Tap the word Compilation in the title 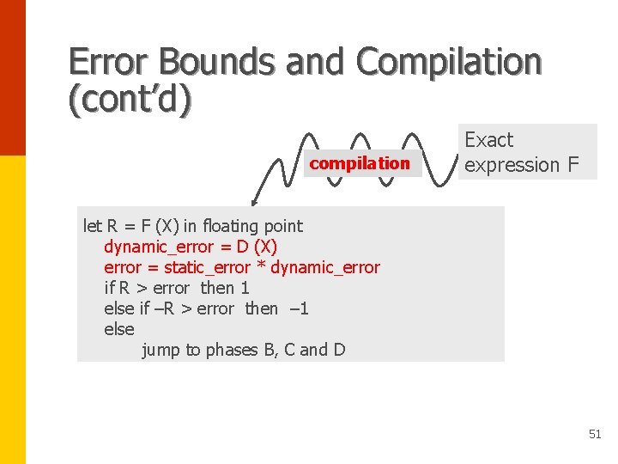pos(450,62)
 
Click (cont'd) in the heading pos(130,100)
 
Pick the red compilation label pos(360,163)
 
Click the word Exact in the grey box pos(488,140)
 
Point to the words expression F pos(522,164)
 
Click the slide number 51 pos(595,435)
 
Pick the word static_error pos(207,267)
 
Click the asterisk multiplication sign pos(262,267)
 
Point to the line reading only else pos(118,329)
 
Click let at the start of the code pos(92,226)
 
